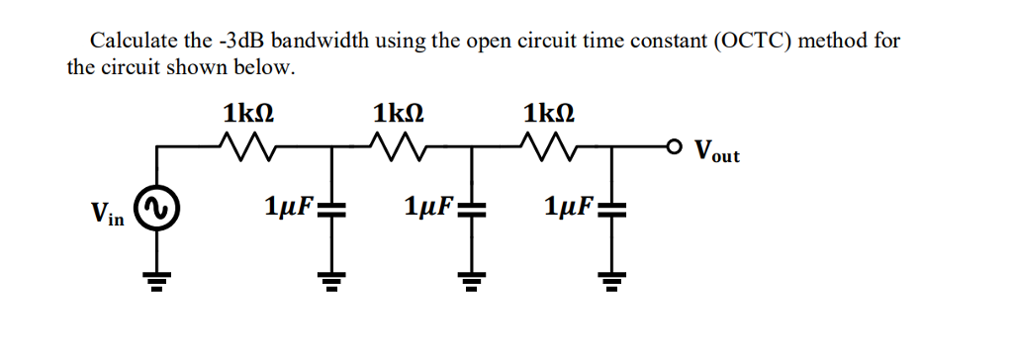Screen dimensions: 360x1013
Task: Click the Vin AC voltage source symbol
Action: tap(155, 210)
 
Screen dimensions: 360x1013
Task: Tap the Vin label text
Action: tap(107, 213)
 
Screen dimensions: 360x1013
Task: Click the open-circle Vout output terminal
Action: tap(673, 149)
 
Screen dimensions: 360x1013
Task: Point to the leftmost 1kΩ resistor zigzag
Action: tap(243, 149)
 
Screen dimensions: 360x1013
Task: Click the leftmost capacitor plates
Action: tap(331, 210)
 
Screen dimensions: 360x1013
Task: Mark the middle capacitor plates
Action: tap(471, 210)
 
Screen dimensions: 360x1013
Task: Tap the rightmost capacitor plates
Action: tap(611, 210)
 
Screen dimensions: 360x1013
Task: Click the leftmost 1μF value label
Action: tap(288, 208)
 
